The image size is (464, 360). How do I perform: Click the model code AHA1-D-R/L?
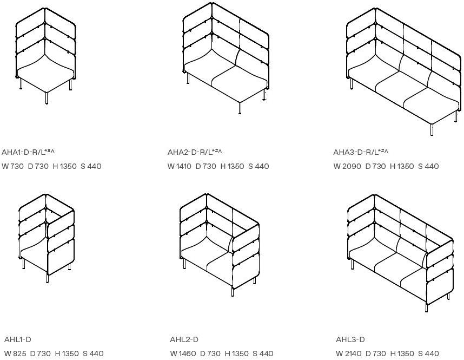click(28, 152)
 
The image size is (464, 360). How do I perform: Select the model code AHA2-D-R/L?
click(195, 152)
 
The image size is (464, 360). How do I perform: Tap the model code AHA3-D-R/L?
click(361, 152)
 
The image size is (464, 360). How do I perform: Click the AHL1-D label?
click(18, 339)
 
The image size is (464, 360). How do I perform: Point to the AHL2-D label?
click(184, 339)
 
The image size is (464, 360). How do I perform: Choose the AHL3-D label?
click(350, 339)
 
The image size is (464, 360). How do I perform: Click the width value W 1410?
click(180, 166)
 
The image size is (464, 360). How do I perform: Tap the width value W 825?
click(15, 354)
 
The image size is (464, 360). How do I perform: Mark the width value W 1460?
click(183, 354)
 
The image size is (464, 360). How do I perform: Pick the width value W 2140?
click(349, 354)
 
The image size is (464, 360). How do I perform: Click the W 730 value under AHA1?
click(13, 166)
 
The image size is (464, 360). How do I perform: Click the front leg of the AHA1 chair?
click(47, 99)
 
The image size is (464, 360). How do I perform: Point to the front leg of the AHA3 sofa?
click(432, 130)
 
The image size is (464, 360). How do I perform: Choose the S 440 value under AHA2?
click(258, 166)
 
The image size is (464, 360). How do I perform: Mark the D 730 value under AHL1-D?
click(40, 354)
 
